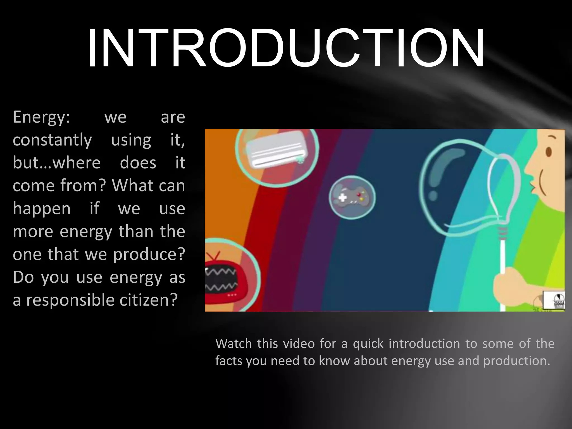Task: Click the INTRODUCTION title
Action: pyautogui.click(x=285, y=48)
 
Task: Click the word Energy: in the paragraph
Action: pyautogui.click(x=41, y=117)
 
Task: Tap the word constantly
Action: pyautogui.click(x=52, y=140)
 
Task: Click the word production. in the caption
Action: pyautogui.click(x=517, y=361)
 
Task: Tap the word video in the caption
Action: pyautogui.click(x=299, y=344)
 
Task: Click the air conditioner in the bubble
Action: pyautogui.click(x=277, y=152)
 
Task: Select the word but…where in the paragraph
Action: pyautogui.click(x=56, y=163)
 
